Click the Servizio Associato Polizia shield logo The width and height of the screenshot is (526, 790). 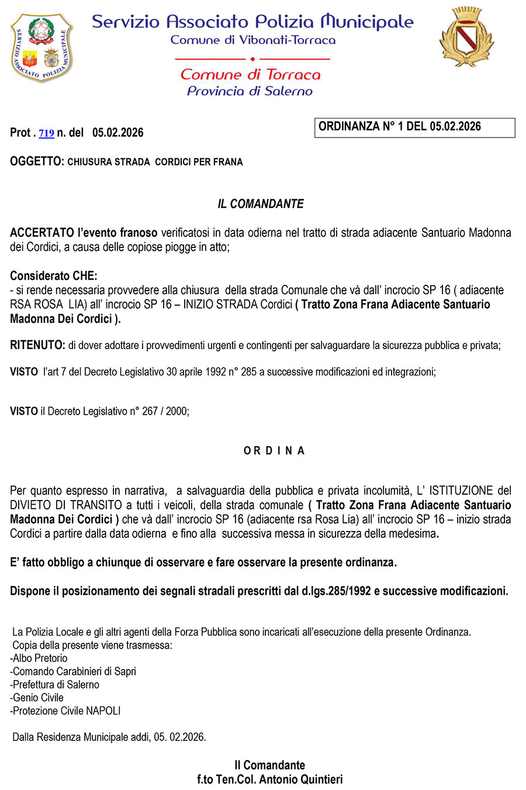42,47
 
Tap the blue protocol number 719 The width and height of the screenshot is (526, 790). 46,133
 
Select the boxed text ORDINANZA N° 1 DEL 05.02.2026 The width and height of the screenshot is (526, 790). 400,127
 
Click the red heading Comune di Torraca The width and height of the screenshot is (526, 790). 250,75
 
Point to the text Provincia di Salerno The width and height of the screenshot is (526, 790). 250,91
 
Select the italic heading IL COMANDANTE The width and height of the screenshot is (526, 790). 261,204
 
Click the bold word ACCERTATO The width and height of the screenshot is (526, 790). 42,233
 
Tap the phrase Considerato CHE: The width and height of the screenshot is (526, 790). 54,276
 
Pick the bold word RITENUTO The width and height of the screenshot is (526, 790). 37,346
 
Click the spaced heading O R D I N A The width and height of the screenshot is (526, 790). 274,451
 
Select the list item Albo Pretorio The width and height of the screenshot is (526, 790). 40,658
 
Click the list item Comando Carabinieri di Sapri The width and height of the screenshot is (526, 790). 74,671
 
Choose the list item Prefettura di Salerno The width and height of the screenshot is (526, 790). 56,685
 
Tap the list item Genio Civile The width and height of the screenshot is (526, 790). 38,698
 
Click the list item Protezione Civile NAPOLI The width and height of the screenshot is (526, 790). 67,711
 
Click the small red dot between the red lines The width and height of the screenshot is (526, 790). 252,59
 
